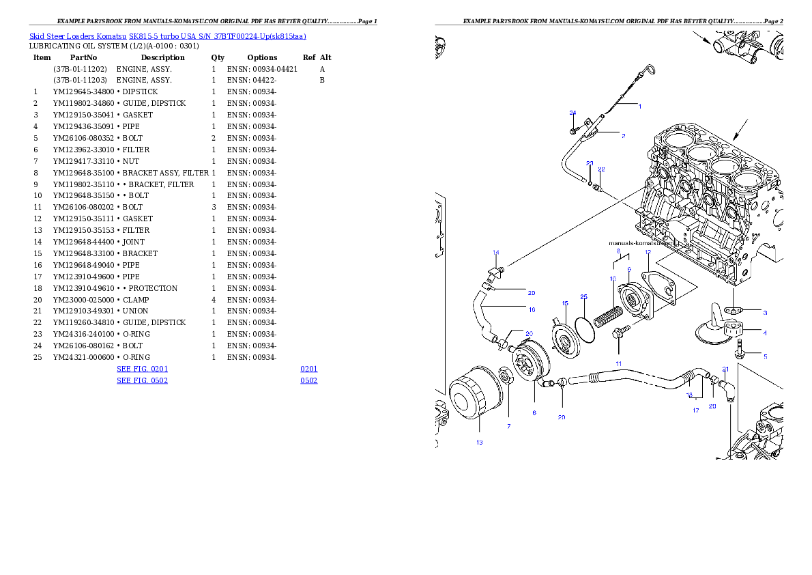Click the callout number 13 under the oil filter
click(x=480, y=443)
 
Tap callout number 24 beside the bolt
click(x=573, y=113)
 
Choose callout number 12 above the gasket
click(x=648, y=252)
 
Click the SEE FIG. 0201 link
click(x=142, y=369)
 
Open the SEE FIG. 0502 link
click(x=142, y=380)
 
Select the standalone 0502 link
click(x=309, y=380)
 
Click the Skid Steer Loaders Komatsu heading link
click(x=167, y=36)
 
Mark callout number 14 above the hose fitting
click(x=496, y=253)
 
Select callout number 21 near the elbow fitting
click(x=726, y=369)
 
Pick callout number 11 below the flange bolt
click(x=619, y=363)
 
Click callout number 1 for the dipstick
click(x=640, y=106)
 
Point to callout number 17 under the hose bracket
click(x=696, y=410)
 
